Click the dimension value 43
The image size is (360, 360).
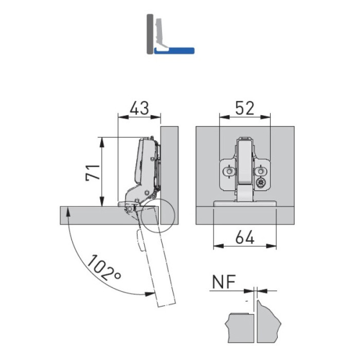[x=139, y=108]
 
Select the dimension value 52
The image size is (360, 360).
[x=245, y=108]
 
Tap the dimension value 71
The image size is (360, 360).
[x=93, y=173]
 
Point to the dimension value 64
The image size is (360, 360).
[x=245, y=238]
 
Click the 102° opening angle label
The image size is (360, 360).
[x=104, y=268]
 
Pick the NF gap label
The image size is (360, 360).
[x=224, y=282]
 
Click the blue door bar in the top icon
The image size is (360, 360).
[x=174, y=51]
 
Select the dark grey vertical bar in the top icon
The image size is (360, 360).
[x=150, y=34]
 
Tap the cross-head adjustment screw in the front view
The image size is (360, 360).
[x=260, y=183]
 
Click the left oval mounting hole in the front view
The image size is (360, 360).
[x=229, y=171]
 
